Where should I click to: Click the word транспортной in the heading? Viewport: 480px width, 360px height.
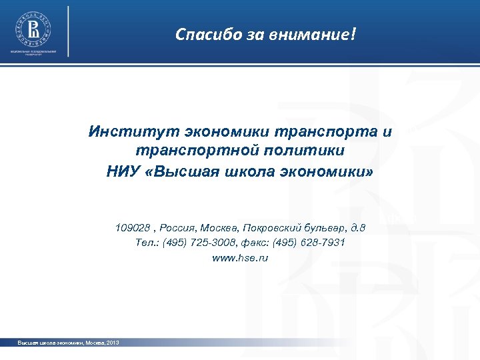point(183,151)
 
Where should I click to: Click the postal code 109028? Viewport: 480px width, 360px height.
point(131,228)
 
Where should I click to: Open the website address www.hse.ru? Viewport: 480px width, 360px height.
point(240,257)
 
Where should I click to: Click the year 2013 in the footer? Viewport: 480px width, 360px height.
point(112,342)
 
